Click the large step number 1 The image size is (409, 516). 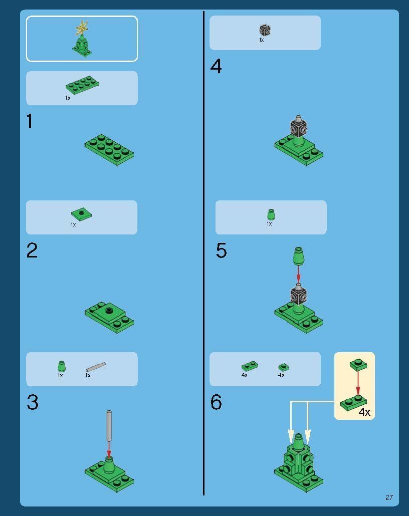(x=30, y=121)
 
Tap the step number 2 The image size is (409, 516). (x=32, y=250)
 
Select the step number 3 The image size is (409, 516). (x=33, y=402)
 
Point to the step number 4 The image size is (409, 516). (x=216, y=66)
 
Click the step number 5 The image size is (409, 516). (x=222, y=250)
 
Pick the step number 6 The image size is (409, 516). (x=216, y=402)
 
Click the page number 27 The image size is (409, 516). (x=389, y=497)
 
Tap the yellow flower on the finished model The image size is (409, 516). (x=82, y=28)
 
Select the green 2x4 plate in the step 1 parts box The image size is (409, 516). (x=82, y=85)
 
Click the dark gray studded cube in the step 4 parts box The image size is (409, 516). (x=265, y=30)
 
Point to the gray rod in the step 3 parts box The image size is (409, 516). (x=96, y=367)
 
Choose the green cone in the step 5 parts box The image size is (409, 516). (x=271, y=214)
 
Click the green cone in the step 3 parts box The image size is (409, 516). (x=62, y=366)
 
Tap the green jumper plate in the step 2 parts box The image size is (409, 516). (x=81, y=214)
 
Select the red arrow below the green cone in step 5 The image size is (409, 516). (x=298, y=274)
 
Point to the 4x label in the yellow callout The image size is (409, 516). (x=364, y=412)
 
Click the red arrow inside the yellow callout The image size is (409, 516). (x=358, y=382)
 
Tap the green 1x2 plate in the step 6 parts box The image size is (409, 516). (x=250, y=366)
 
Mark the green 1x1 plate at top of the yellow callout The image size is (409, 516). (x=358, y=364)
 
